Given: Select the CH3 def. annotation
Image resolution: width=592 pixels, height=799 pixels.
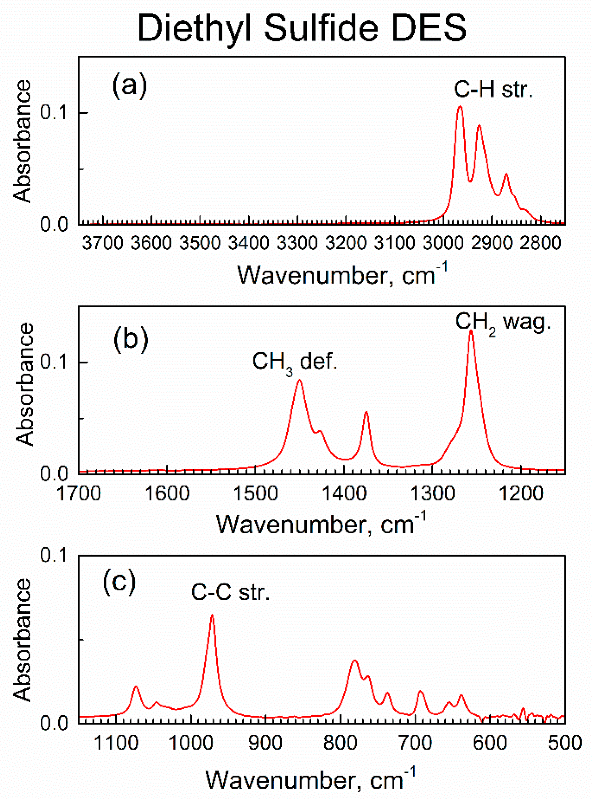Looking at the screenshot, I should [x=294, y=362].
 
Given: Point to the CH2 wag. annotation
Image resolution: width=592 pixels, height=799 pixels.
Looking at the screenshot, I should [x=502, y=322].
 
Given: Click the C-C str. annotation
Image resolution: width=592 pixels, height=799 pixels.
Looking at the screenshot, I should [x=230, y=592].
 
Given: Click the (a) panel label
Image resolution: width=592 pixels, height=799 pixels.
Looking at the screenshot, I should [x=130, y=86].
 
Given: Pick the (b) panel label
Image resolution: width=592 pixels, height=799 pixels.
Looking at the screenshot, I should [x=131, y=339].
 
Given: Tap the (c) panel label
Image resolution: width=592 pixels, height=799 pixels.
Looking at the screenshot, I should [x=119, y=582].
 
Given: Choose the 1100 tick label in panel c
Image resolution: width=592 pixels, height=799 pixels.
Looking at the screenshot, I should [x=116, y=743].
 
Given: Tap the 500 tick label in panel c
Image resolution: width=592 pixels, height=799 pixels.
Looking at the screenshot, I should [x=565, y=743].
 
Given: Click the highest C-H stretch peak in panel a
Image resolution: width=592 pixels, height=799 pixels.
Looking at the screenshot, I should [x=460, y=107].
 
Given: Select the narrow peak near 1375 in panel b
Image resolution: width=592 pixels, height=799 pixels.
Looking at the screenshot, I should [x=366, y=412].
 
